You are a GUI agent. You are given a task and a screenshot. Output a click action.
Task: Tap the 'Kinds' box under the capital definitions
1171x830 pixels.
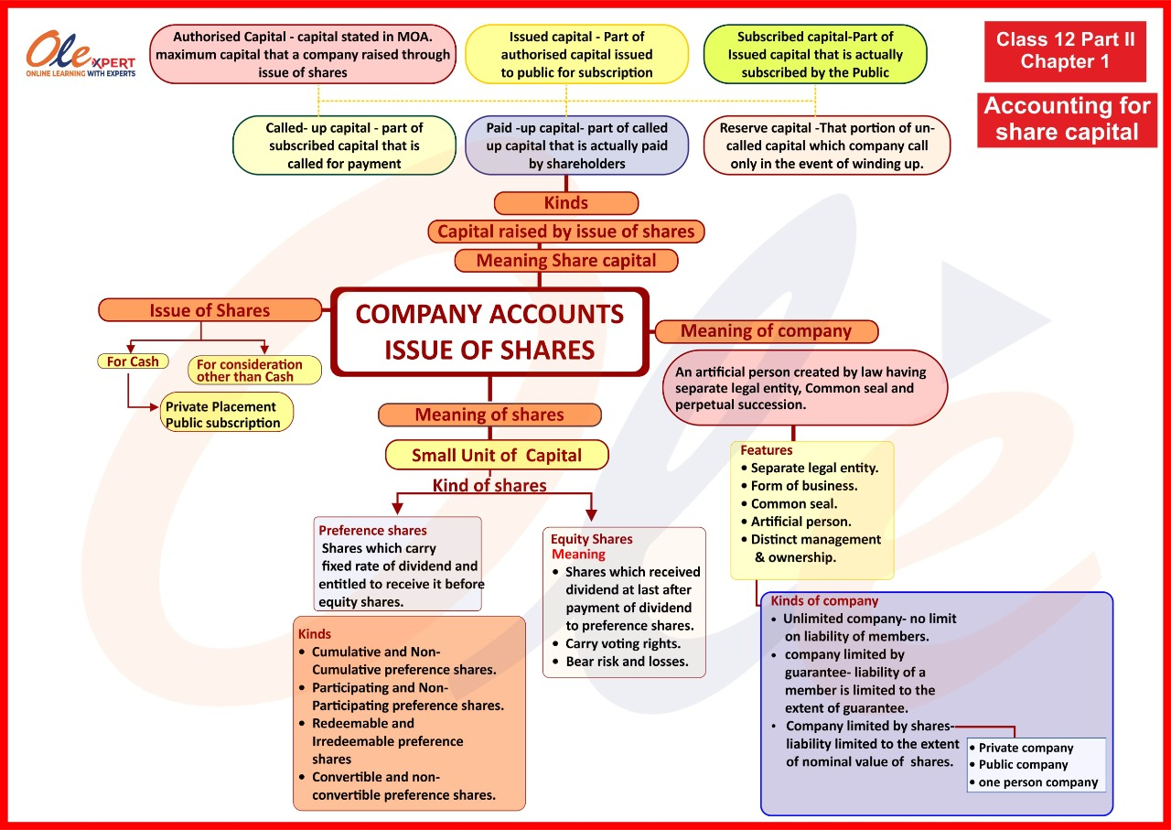pyautogui.click(x=566, y=203)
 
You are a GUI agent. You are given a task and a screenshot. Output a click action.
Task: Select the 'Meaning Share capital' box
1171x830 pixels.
pyautogui.click(x=566, y=261)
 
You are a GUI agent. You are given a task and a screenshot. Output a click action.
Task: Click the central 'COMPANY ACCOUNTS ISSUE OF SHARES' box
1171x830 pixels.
pyautogui.click(x=489, y=331)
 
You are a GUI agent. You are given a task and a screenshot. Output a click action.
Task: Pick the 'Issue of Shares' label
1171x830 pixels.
pyautogui.click(x=209, y=310)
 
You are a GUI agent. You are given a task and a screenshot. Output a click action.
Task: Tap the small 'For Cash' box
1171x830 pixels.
pyautogui.click(x=133, y=361)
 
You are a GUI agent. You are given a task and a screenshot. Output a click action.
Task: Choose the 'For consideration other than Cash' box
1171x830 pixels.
pyautogui.click(x=255, y=370)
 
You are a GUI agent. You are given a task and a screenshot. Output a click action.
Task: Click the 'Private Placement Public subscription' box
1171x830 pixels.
pyautogui.click(x=227, y=415)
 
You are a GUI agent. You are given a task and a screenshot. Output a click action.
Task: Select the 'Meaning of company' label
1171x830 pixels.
pyautogui.click(x=766, y=331)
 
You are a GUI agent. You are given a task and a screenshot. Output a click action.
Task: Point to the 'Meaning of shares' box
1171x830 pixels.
pyautogui.click(x=489, y=415)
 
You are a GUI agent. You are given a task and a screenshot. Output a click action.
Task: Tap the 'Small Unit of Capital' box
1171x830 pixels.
pyautogui.click(x=497, y=455)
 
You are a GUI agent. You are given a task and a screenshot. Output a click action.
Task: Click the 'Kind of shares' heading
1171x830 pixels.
pyautogui.click(x=489, y=485)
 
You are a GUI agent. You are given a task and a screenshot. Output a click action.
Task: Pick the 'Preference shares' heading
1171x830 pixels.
pyautogui.click(x=372, y=530)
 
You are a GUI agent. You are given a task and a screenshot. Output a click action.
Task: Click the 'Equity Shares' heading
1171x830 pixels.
pyautogui.click(x=592, y=539)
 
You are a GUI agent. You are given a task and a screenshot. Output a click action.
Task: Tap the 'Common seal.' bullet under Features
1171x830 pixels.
pyautogui.click(x=793, y=503)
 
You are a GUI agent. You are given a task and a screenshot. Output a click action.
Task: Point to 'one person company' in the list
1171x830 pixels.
pyautogui.click(x=1038, y=782)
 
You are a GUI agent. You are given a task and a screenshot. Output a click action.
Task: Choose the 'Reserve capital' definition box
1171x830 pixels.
pyautogui.click(x=827, y=146)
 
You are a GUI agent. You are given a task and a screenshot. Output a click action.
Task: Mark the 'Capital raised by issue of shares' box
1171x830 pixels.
pyautogui.click(x=566, y=232)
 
